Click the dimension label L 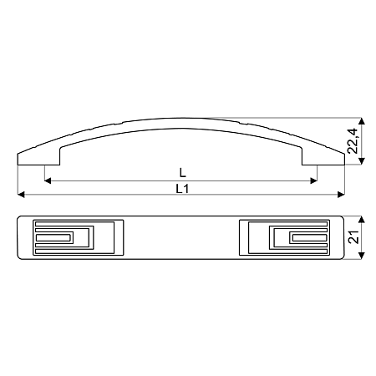[182, 173]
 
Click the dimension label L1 [182, 189]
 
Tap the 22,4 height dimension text [353, 141]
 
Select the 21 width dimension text [353, 237]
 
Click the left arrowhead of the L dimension [48, 180]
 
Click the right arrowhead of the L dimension [314, 180]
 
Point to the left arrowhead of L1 [21, 195]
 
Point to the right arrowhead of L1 [341, 195]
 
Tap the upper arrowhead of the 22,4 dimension [362, 121]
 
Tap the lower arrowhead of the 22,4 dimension [362, 161]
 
